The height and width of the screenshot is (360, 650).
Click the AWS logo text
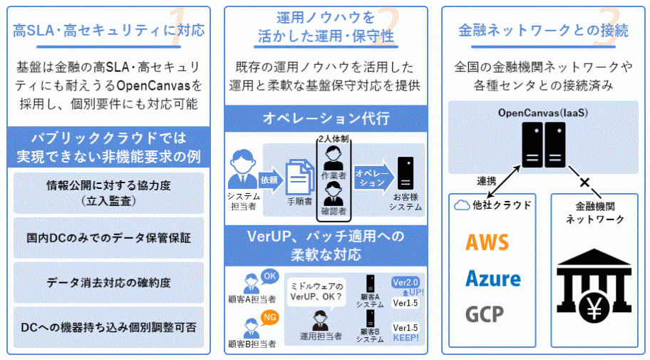[488, 242]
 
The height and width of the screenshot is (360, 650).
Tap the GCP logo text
[485, 314]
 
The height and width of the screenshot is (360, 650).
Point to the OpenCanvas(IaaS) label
[542, 114]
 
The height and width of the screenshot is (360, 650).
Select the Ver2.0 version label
[406, 282]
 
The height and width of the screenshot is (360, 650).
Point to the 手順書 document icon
[299, 177]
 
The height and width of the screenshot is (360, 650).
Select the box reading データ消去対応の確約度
[108, 282]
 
